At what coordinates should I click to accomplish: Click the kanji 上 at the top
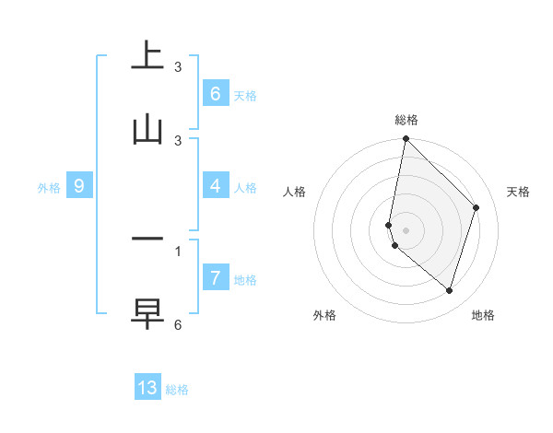coord(147,55)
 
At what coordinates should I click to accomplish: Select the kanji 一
coord(147,240)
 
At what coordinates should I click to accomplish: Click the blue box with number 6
coord(215,93)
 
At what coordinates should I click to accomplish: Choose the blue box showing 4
coord(215,186)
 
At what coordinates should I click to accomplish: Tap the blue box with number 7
coord(215,277)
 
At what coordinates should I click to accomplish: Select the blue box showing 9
coord(79,186)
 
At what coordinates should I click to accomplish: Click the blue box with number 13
coord(147,388)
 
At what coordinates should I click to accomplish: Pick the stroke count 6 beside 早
coord(178,324)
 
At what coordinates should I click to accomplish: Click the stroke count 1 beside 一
coord(178,251)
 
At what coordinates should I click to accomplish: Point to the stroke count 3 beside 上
coord(178,66)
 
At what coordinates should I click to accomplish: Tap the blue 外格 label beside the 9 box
coord(49,187)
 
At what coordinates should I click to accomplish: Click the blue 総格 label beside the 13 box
coord(177,390)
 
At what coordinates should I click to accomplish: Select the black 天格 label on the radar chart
coord(518,192)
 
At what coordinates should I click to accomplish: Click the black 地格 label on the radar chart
coord(483,315)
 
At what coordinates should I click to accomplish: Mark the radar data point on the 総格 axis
coord(406,138)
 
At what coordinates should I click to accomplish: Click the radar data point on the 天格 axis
coord(477,207)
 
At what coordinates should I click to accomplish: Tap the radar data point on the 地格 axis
coord(449,290)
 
